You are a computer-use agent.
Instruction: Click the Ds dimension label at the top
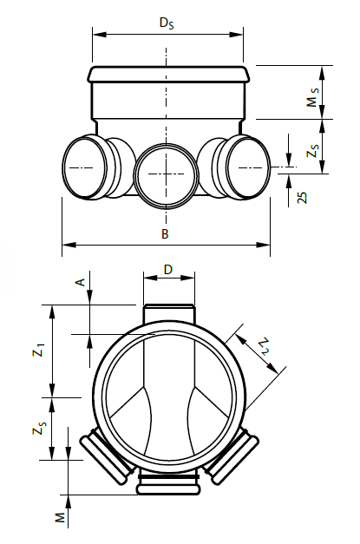click(167, 23)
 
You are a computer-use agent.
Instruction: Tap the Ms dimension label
click(313, 97)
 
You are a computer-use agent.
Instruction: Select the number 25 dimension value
click(302, 198)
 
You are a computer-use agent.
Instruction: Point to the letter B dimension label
click(165, 234)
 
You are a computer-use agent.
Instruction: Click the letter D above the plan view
click(168, 270)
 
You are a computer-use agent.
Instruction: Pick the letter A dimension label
click(80, 282)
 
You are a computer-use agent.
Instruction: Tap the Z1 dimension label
click(38, 350)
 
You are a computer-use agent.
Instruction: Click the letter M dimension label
click(61, 517)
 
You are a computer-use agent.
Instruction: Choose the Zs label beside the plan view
click(38, 427)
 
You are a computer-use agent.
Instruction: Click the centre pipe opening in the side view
click(167, 176)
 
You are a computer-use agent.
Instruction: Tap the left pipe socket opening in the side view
click(85, 167)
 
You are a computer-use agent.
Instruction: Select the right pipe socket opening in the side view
click(248, 167)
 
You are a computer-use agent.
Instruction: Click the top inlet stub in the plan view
click(169, 315)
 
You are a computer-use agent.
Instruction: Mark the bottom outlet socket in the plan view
click(168, 483)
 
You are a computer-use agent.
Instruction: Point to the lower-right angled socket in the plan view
click(231, 455)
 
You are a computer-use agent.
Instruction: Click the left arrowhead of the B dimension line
click(69, 245)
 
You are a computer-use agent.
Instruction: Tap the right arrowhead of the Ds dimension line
click(237, 35)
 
